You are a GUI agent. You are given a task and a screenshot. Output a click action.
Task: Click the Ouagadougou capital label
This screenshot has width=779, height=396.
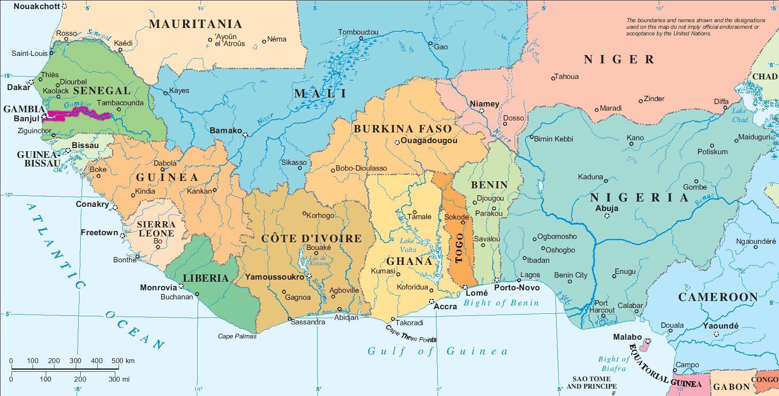tap(429, 140)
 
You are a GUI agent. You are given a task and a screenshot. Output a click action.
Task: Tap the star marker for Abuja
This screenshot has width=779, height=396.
tap(607, 216)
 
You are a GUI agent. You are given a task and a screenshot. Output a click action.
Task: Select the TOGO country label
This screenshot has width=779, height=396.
tap(459, 248)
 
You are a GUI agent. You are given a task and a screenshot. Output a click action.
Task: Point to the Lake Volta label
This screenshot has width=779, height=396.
tap(408, 245)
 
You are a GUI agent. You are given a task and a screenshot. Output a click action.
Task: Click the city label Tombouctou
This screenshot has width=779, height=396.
tap(358, 32)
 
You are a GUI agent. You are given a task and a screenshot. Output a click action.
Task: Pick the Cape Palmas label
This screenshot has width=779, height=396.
tap(237, 336)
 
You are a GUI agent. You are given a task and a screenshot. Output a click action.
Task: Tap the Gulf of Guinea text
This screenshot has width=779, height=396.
tap(437, 351)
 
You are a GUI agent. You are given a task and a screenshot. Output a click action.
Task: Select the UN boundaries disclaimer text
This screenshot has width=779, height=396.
tap(695, 27)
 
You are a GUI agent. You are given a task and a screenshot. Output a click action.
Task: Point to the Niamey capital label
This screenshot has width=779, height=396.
tap(484, 104)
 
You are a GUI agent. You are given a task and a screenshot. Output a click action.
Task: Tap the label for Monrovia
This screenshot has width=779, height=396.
tap(158, 287)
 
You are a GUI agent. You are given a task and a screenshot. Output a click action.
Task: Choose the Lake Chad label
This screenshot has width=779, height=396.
tap(739, 115)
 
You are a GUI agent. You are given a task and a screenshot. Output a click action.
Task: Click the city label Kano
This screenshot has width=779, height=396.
tap(635, 138)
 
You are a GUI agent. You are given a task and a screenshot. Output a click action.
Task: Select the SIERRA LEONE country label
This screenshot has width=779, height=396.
tap(156, 229)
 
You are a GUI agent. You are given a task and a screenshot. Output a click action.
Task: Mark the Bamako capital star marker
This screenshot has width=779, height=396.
tap(245, 135)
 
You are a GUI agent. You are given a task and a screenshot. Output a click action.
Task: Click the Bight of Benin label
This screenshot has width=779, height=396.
tap(501, 303)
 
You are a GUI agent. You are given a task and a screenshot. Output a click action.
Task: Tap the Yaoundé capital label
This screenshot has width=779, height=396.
tap(721, 326)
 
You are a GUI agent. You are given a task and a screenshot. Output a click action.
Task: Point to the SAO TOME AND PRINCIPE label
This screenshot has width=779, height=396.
tap(591, 382)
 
